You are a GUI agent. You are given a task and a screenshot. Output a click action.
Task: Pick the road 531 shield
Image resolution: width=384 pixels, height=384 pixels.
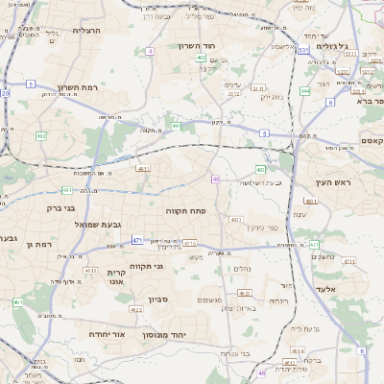click(303, 50)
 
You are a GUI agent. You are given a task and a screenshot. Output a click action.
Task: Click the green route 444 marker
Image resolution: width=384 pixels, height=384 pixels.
click(304, 90)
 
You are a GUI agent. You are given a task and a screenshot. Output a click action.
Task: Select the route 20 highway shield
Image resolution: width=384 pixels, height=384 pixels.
click(5, 93)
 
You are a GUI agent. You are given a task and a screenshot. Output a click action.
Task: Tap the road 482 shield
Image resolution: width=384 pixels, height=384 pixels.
click(41, 136)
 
